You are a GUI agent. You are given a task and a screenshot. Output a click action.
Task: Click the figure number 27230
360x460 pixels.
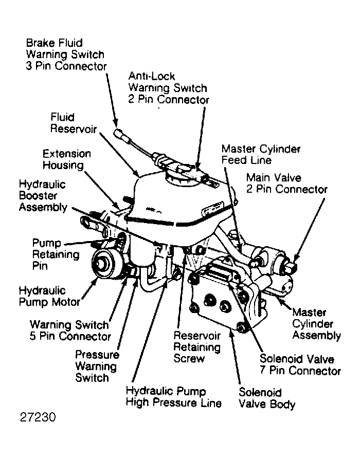click(38, 417)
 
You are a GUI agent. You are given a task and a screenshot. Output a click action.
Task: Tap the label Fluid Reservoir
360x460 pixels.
click(74, 123)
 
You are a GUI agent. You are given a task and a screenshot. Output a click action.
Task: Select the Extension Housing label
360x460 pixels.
click(67, 159)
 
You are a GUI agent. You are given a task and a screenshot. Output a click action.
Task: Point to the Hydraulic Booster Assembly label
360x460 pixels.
click(43, 196)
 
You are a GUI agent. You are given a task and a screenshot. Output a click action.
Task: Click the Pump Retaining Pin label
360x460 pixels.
click(56, 254)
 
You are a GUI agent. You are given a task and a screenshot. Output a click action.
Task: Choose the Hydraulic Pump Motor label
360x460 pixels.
click(49, 296)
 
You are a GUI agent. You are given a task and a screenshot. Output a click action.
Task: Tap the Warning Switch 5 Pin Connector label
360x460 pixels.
click(70, 330)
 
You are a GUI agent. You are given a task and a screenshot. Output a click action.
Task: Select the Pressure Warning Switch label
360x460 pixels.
click(97, 366)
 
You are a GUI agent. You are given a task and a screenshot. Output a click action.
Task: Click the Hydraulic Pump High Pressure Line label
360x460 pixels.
click(173, 397)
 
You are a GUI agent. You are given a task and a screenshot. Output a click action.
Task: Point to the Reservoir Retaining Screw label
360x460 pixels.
click(197, 347)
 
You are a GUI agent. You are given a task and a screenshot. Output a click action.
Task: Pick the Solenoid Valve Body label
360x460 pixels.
click(266, 398)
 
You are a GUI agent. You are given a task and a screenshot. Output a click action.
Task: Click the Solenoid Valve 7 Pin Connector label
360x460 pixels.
click(300, 364)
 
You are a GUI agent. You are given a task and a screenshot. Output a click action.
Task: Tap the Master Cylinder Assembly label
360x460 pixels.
click(316, 324)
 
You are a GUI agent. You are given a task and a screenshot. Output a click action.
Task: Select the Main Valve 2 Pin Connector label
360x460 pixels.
click(286, 183)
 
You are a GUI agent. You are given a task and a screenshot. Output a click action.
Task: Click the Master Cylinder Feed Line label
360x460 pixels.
click(261, 154)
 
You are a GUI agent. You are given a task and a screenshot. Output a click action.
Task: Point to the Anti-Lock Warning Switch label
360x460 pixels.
click(168, 88)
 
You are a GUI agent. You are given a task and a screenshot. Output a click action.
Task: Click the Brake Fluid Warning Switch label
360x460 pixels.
click(66, 54)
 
